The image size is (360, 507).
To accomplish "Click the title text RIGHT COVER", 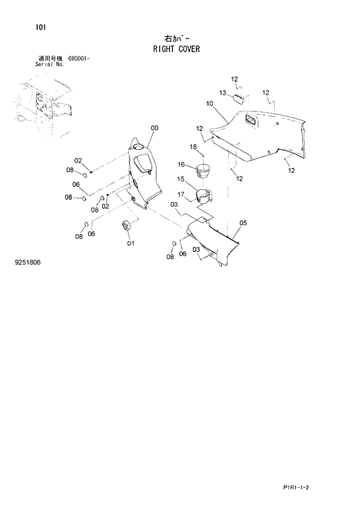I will (x=177, y=49).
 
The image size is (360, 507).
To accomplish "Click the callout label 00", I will (x=154, y=128).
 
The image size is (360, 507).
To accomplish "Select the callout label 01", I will (x=131, y=243).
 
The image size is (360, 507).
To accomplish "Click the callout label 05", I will (x=243, y=222).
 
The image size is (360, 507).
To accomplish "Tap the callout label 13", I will (x=223, y=92).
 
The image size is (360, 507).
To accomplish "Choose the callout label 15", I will (x=181, y=179).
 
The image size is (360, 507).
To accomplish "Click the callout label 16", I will (x=181, y=164).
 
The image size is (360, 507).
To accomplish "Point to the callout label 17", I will (x=181, y=195).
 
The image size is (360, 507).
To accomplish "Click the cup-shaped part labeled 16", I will (x=203, y=171).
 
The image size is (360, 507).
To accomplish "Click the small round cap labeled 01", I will (x=125, y=225).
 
